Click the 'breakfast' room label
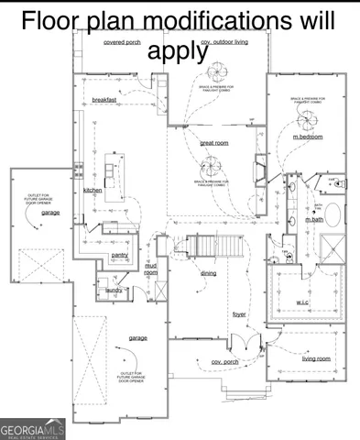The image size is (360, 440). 104,99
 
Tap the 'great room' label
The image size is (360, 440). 213,143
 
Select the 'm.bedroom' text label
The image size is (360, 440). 309,137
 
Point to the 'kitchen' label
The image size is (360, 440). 93,190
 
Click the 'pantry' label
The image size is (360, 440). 119,255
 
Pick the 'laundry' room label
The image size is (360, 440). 114,290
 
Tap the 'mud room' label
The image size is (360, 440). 151,269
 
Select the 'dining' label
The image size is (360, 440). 209,273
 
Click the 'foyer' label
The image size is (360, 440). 239,314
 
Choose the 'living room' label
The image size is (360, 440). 316,358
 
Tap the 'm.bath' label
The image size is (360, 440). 313,220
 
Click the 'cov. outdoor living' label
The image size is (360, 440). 225,41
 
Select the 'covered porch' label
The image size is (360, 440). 121,42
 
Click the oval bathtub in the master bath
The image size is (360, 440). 331,217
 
